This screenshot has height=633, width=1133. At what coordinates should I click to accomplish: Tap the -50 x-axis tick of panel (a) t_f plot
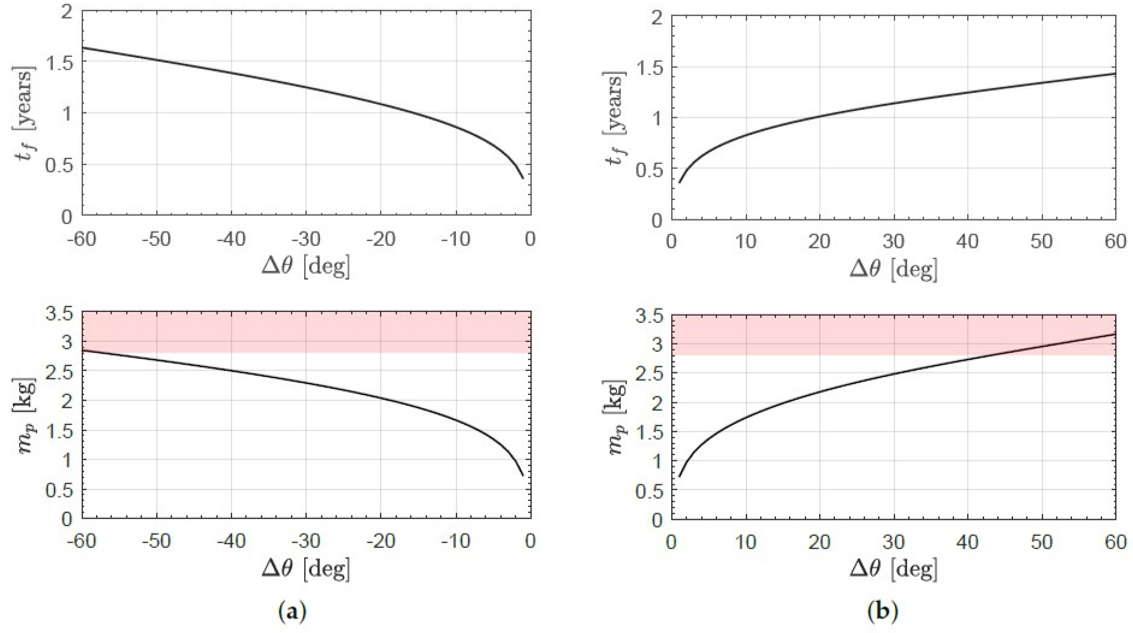[x=156, y=240]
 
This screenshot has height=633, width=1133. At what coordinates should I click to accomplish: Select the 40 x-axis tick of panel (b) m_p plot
[x=968, y=543]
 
